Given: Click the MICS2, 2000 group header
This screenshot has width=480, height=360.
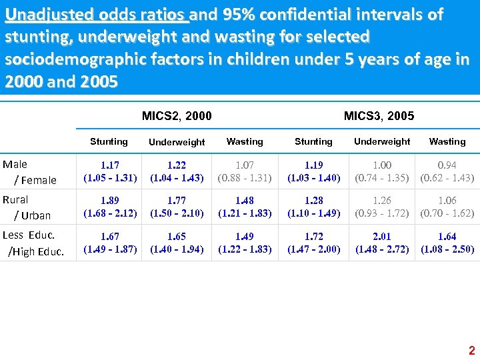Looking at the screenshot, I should tap(177, 116).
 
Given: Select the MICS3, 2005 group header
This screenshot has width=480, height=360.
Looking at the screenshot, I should tap(379, 116).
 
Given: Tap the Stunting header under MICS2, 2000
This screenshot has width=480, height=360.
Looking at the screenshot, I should tap(109, 141).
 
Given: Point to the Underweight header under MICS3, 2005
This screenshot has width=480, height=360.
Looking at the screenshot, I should tap(382, 141).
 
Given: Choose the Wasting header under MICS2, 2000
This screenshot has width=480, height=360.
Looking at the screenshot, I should tap(245, 141).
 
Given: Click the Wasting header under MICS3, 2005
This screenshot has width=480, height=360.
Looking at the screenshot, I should tap(447, 141).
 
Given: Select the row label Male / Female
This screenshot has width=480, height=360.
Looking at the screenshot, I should tap(29, 172).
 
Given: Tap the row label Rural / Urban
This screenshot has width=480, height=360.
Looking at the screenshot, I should tap(29, 207).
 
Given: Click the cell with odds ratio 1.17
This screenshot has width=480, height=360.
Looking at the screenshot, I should tap(110, 171).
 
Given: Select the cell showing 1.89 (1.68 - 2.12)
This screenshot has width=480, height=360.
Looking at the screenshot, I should tap(110, 207).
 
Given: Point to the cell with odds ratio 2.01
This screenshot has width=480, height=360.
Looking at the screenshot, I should tap(382, 243).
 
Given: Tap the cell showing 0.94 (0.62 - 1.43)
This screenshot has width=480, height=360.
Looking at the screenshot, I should tap(447, 171).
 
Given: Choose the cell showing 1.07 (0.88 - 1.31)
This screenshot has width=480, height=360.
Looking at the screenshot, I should tap(245, 171).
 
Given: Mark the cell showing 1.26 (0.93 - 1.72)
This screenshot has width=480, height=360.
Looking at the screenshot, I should tap(382, 207).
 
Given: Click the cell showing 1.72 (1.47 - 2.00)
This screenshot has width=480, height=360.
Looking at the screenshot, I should tap(313, 243).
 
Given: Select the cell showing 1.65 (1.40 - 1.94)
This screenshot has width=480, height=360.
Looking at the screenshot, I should tap(177, 243).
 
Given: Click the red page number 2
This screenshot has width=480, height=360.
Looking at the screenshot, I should tap(471, 351).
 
